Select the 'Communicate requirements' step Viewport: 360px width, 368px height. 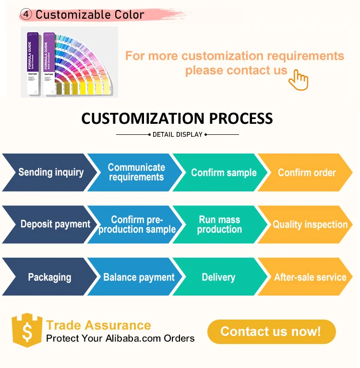click(x=136, y=172)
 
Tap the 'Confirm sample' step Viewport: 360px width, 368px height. click(x=223, y=172)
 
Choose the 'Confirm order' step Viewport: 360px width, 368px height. click(x=307, y=172)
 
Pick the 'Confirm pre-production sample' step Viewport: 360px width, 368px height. click(x=137, y=224)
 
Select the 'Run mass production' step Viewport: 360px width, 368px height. click(x=220, y=224)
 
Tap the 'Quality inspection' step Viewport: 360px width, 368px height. click(x=310, y=224)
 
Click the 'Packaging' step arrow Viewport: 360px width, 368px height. click(x=49, y=277)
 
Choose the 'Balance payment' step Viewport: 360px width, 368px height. click(x=138, y=277)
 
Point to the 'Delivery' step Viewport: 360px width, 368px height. click(x=218, y=277)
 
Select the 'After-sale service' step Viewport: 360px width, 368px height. click(x=310, y=277)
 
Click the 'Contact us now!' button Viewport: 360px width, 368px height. click(x=271, y=332)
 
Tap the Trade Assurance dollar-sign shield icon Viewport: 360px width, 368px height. click(x=27, y=330)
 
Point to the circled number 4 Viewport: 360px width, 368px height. click(x=27, y=14)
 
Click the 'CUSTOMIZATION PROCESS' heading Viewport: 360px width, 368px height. click(x=177, y=119)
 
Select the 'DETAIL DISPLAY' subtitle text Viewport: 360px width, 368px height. click(x=178, y=135)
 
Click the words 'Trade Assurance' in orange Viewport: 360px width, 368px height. click(x=98, y=325)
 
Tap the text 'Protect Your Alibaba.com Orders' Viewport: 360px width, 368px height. click(x=120, y=338)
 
